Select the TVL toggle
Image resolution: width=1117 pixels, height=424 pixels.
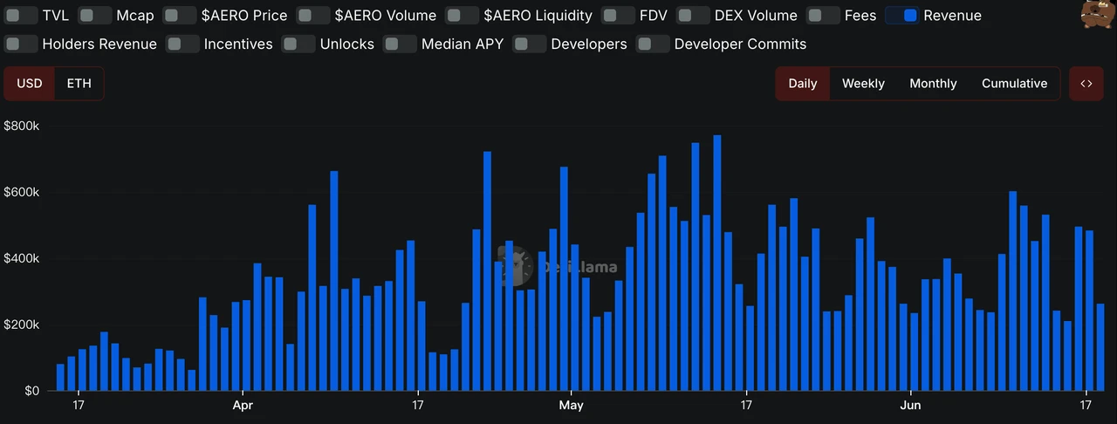21,16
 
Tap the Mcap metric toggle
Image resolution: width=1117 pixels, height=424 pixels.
94,16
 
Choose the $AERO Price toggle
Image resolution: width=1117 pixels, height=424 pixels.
180,16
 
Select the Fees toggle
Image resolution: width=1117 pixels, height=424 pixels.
824,16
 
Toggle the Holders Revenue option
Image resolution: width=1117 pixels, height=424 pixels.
21,44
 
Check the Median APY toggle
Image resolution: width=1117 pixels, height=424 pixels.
400,44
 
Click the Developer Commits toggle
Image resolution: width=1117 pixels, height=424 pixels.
653,44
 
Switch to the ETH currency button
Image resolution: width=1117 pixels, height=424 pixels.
79,84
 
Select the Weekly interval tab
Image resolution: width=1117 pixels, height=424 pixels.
863,84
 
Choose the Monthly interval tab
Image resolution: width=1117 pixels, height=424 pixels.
933,84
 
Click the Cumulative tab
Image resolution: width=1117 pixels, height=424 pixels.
1014,84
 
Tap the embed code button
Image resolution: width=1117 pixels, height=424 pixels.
1086,84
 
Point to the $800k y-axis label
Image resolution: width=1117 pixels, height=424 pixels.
22,126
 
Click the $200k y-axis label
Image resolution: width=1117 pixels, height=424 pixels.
22,325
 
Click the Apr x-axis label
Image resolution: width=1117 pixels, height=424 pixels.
243,406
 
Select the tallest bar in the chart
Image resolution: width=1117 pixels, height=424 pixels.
717,262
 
